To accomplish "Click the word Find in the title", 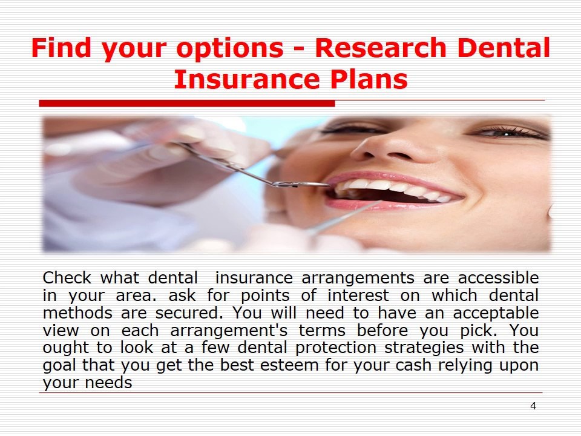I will (62, 48).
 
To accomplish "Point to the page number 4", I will (533, 406).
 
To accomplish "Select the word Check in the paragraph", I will (67, 278).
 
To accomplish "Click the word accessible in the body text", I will (498, 278).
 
